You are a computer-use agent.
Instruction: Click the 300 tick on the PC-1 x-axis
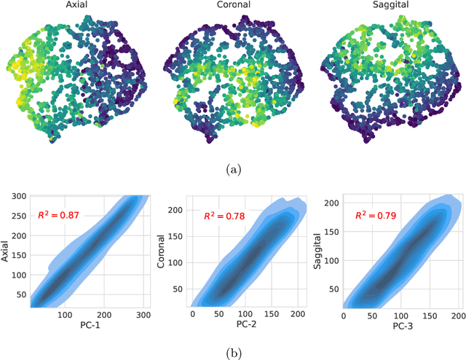pyautogui.click(x=143, y=316)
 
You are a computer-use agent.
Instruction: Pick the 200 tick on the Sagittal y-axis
pyautogui.click(x=331, y=203)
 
